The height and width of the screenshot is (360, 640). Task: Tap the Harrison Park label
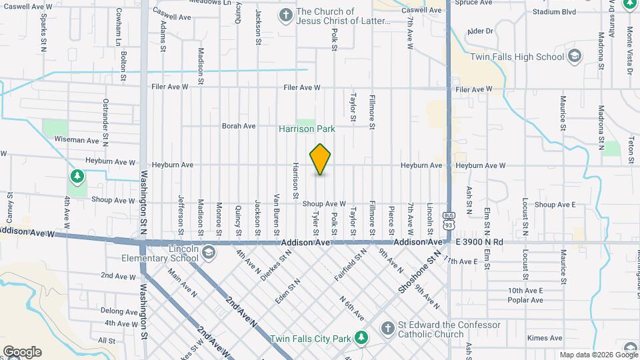click(x=307, y=129)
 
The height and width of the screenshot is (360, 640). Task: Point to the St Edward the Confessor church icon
click(x=387, y=329)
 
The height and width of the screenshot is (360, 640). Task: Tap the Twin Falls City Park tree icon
click(x=361, y=338)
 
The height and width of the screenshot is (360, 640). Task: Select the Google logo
click(x=22, y=351)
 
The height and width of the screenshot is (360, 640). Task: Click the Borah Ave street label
click(x=239, y=126)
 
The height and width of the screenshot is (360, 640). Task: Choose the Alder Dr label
click(x=480, y=31)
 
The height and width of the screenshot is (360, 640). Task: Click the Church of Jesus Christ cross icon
click(x=285, y=15)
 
